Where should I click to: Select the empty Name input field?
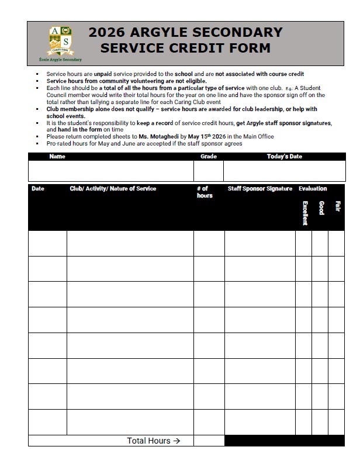coord(111,171)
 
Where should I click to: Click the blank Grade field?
coord(208,171)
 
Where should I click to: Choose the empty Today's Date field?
coord(284,171)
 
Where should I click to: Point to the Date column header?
coord(38,189)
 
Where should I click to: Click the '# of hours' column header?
coord(205,192)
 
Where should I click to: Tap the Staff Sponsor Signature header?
coord(259,189)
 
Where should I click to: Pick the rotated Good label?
coord(321,208)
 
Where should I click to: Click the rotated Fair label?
coord(337,206)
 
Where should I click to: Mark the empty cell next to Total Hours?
coord(209,441)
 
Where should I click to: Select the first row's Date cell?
coord(47,243)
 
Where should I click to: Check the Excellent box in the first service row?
coord(303,243)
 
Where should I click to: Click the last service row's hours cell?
coord(209,422)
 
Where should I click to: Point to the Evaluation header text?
coord(313,189)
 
